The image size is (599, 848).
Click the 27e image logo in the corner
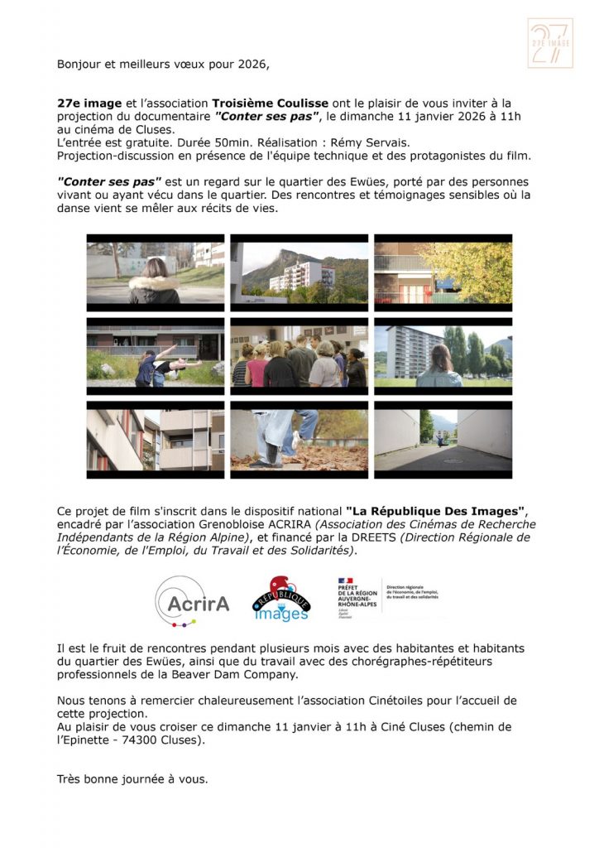coord(549,43)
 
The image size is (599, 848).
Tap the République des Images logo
coord(280,600)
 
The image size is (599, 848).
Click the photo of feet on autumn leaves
coord(299,440)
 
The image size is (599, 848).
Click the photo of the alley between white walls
coord(443,440)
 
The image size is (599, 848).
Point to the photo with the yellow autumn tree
coord(443,272)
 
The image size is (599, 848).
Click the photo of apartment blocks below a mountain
coord(299,272)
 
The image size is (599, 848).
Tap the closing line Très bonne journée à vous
coord(132,778)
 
